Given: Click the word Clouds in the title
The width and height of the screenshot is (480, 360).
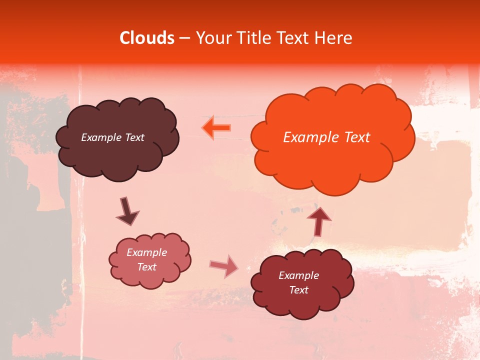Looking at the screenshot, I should click(147, 38).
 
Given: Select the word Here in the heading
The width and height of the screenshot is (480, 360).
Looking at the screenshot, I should click(333, 38).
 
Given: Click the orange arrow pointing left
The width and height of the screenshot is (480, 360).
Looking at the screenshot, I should click(216, 127).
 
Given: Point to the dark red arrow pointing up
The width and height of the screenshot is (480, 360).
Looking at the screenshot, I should click(319, 220).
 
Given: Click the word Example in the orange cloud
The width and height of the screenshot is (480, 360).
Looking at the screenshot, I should click(308, 137).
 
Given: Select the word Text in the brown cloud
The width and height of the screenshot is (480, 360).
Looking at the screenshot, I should click(134, 137).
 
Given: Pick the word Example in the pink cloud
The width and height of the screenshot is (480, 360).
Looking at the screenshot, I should click(146, 252).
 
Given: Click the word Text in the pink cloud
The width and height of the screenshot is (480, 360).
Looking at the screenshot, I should click(146, 267).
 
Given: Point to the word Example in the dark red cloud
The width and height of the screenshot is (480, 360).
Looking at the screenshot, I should click(298, 275).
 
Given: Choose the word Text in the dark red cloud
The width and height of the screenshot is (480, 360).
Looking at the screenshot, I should click(298, 290).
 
